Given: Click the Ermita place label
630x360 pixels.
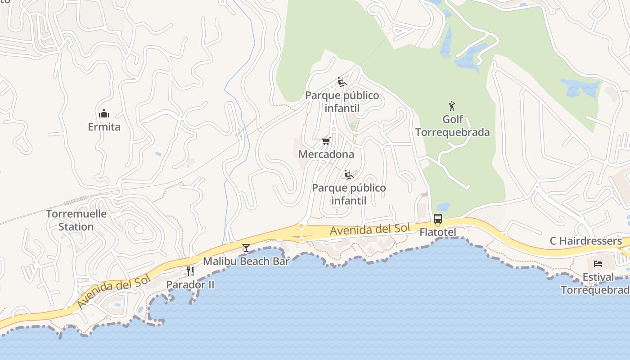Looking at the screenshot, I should tap(104, 127).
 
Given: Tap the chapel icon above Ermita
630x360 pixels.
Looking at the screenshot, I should tap(104, 113).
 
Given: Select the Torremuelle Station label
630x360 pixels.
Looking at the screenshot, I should tap(76, 220).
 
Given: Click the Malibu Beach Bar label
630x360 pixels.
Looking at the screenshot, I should tap(246, 261).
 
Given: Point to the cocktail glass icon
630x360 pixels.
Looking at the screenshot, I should tap(246, 247).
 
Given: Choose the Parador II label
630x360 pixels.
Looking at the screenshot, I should tap(190, 284).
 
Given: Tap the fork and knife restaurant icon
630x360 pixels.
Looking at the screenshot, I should tap(190, 271).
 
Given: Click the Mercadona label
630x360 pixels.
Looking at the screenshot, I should tap(326, 154).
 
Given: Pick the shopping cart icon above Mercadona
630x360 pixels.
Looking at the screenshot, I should tap(326, 141).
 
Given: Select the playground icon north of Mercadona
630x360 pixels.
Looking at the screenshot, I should tap(342, 82).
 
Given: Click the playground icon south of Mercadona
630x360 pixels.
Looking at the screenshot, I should tap(348, 175).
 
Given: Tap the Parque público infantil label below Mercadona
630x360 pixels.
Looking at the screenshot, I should tap(349, 194).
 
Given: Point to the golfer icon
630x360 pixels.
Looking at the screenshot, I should tap(452, 106).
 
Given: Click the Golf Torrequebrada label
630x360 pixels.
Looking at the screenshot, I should tap(452, 126).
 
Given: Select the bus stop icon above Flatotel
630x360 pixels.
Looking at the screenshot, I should tap(437, 219).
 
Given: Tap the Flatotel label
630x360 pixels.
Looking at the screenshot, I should tap(437, 232).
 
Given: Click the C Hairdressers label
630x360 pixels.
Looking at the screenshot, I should tap(585, 241).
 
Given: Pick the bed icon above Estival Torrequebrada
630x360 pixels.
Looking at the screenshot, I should tap(598, 264).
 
